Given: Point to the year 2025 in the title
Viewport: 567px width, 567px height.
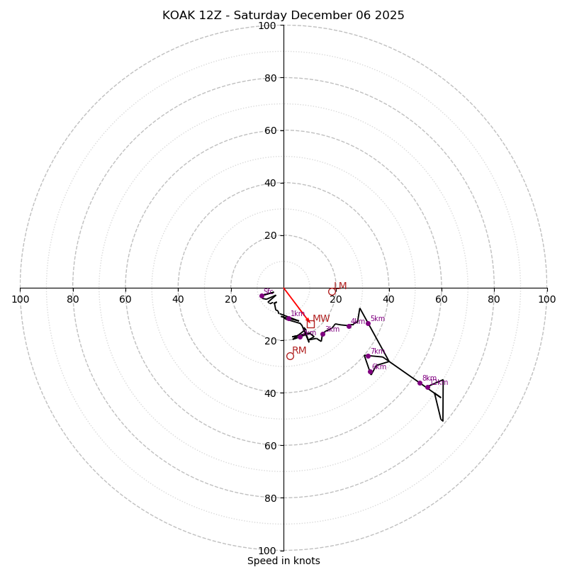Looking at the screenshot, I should (x=389, y=16).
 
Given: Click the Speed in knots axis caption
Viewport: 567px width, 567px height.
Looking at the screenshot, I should (x=283, y=561).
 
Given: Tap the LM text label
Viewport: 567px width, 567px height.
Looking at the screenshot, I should (x=340, y=286).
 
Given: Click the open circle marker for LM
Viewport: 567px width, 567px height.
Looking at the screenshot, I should (x=332, y=291).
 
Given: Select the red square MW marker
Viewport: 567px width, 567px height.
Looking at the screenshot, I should (x=310, y=324).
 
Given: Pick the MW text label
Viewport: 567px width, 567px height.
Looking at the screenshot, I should (x=321, y=319).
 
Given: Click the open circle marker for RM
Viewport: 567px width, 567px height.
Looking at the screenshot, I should (x=290, y=356).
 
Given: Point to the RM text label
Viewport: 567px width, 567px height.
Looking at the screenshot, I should (x=299, y=351).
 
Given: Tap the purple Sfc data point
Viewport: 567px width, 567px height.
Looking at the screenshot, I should (x=262, y=296).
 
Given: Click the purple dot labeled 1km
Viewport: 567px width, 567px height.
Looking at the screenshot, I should (x=288, y=318).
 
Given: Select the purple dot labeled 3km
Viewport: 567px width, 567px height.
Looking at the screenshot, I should (x=322, y=334).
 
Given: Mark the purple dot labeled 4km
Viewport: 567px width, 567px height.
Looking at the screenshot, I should (x=349, y=326).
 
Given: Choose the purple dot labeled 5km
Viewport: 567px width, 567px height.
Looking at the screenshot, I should (x=368, y=323).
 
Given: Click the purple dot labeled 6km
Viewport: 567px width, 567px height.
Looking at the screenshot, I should (x=370, y=371).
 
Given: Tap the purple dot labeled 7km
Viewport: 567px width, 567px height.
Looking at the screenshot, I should (x=368, y=356).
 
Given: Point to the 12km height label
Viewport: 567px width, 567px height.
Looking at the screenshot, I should (x=440, y=383).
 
